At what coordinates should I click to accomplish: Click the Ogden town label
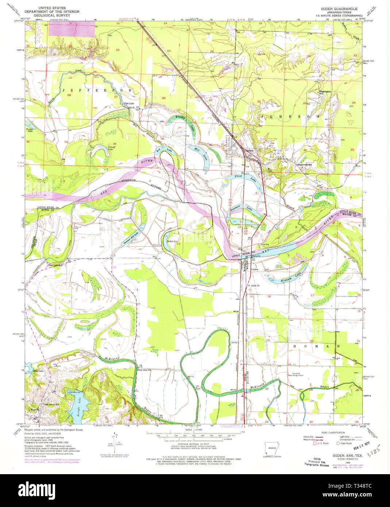249,150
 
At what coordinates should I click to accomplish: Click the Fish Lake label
129,104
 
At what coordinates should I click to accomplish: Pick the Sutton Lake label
173,241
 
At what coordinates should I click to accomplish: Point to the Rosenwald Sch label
304,165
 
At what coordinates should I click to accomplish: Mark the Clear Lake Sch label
55,265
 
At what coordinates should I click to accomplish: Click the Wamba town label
34,410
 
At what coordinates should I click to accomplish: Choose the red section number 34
115,144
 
